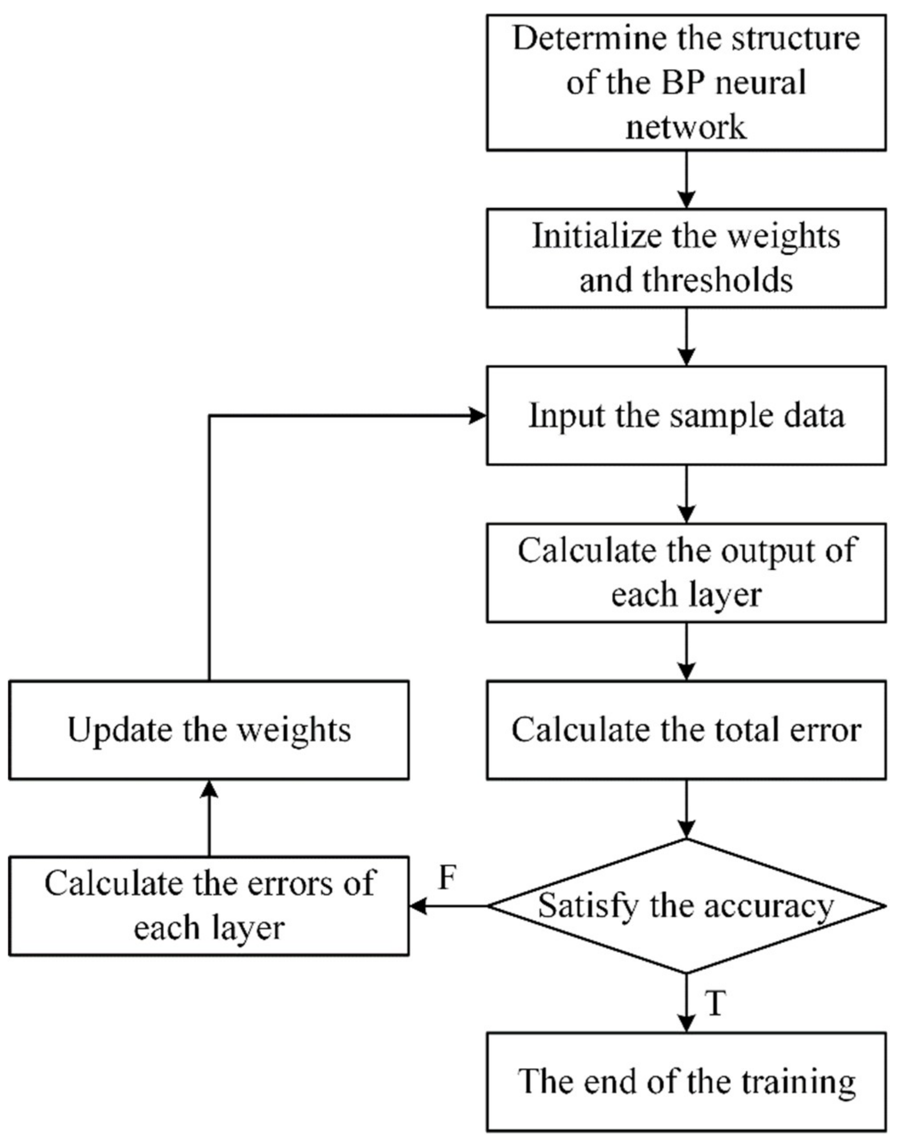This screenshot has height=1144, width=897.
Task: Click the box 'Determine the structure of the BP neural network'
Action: click(x=686, y=82)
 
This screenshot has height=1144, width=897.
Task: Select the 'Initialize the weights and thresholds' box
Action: click(x=686, y=258)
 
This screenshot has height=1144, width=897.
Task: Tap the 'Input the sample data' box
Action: click(x=686, y=415)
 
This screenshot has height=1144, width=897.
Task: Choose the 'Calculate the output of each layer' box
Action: click(x=686, y=572)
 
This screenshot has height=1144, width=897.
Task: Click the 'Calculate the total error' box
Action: click(x=686, y=730)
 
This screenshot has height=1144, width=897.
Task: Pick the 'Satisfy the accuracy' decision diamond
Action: click(x=686, y=906)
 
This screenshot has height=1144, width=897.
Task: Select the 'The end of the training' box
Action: click(x=686, y=1082)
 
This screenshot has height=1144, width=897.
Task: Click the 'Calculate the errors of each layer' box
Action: click(x=209, y=906)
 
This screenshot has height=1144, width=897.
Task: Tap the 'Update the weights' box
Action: click(x=209, y=730)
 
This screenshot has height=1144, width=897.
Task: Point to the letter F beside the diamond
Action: click(x=446, y=878)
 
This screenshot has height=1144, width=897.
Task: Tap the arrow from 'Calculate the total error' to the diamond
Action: click(x=686, y=809)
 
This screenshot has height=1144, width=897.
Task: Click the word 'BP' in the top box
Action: click(x=680, y=83)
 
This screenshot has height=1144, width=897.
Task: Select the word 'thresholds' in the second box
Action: click(x=717, y=280)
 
